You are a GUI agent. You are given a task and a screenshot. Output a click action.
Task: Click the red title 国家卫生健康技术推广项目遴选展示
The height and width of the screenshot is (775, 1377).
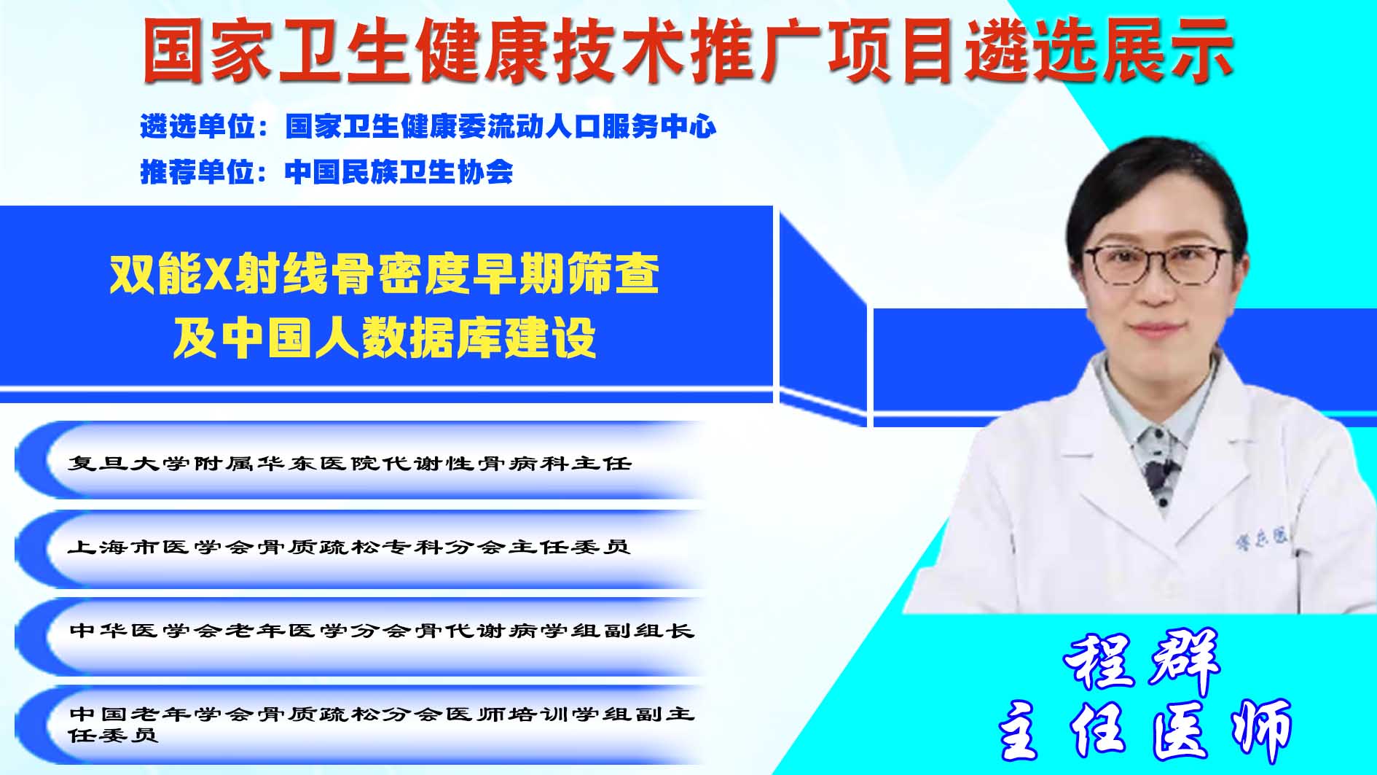tap(687, 50)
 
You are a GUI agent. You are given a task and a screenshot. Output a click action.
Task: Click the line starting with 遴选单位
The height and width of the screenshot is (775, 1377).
tap(428, 127)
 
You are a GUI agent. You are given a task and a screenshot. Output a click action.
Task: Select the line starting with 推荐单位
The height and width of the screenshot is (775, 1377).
tap(326, 172)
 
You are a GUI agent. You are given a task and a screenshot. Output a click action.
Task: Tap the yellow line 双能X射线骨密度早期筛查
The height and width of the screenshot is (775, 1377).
tap(385, 274)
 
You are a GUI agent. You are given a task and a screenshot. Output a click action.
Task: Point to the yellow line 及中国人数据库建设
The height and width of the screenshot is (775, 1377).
tap(385, 338)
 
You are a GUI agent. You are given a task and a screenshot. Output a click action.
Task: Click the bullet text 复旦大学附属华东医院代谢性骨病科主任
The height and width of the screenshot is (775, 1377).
tap(350, 463)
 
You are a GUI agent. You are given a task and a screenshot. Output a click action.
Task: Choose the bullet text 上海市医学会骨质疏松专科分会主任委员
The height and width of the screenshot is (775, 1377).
tap(349, 547)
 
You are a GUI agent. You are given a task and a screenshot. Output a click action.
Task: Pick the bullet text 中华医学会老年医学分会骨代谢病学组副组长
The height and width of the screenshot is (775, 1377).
tap(382, 630)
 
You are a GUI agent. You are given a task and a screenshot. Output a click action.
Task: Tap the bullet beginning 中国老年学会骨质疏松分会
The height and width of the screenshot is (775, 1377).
tap(382, 723)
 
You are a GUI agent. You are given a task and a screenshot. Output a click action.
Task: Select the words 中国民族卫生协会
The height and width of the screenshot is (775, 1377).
tap(399, 172)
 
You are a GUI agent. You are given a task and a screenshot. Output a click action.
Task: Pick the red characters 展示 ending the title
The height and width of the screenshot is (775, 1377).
tap(1166, 50)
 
